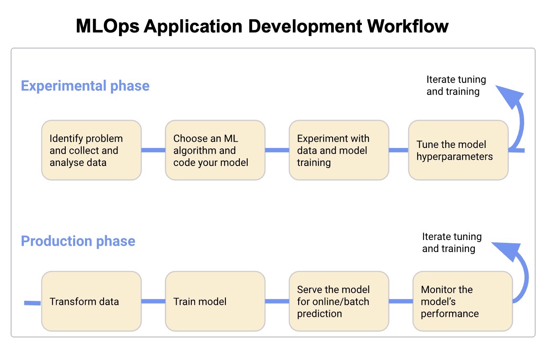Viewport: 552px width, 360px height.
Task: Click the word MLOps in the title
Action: pyautogui.click(x=108, y=27)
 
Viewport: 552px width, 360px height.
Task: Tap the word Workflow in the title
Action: pyautogui.click(x=408, y=26)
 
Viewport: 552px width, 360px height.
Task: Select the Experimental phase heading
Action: pyautogui.click(x=85, y=86)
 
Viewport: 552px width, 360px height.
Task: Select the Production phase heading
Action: pyautogui.click(x=78, y=241)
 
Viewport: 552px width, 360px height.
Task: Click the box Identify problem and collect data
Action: pyautogui.click(x=92, y=150)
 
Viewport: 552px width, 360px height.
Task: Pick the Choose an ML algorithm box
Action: pyautogui.click(x=215, y=150)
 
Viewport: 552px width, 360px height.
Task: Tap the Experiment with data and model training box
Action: pyautogui.click(x=339, y=150)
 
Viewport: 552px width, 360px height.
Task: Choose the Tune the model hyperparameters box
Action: pyautogui.click(x=458, y=150)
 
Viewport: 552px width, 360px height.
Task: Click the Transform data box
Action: pyautogui.click(x=92, y=301)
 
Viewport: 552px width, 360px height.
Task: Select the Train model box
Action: pyautogui.click(x=215, y=301)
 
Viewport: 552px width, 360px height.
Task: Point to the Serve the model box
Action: pyautogui.click(x=339, y=301)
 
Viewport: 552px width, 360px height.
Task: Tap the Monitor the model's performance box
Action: pyautogui.click(x=463, y=301)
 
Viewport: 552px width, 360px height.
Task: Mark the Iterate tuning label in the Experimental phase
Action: pyautogui.click(x=456, y=85)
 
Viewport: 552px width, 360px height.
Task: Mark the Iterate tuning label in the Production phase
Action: pyautogui.click(x=452, y=242)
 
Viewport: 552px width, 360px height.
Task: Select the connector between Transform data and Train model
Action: pyautogui.click(x=153, y=301)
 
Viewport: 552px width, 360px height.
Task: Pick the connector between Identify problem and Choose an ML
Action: pyautogui.click(x=153, y=150)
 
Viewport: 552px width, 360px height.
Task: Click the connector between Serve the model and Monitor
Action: pyautogui.click(x=401, y=301)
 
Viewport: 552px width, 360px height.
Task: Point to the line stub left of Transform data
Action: pyautogui.click(x=32, y=303)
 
